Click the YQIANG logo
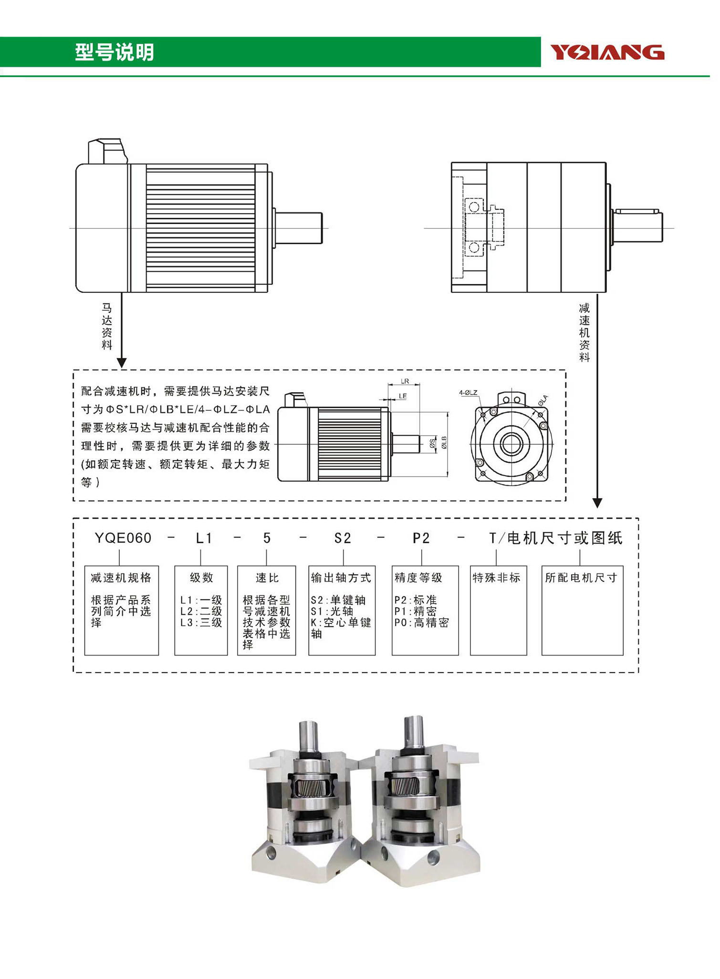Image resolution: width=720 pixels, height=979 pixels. (607, 52)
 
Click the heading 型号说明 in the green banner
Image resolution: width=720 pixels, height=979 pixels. (115, 52)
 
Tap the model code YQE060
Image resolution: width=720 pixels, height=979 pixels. (123, 538)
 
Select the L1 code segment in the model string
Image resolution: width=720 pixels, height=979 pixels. (204, 538)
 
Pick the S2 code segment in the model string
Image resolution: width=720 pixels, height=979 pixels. (343, 538)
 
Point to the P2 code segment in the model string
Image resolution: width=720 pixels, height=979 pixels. (421, 538)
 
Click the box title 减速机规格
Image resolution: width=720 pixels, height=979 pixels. (121, 578)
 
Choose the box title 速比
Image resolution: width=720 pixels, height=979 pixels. (267, 578)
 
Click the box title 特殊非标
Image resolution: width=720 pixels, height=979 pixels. (497, 578)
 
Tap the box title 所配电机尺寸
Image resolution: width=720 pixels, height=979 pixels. (581, 578)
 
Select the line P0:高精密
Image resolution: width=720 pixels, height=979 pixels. (422, 623)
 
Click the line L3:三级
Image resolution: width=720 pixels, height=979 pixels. (201, 623)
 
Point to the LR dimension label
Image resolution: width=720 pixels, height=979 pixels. (405, 381)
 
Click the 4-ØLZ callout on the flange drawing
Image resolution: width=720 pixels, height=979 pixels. (468, 393)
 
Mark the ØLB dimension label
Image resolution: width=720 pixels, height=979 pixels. (444, 442)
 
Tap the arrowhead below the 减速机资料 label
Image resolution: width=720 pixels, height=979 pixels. (597, 503)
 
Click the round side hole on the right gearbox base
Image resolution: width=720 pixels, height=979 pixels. (433, 857)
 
